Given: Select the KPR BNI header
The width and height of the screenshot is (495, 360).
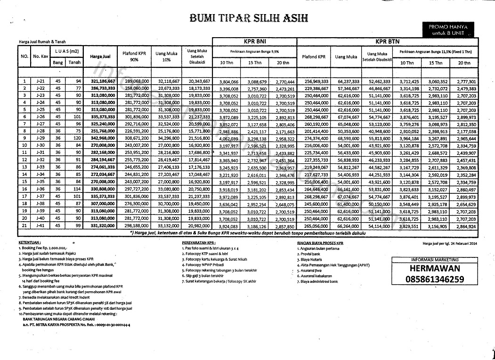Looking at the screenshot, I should pos(254,41).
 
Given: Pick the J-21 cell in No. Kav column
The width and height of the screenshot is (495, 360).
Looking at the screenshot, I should pos(40,81).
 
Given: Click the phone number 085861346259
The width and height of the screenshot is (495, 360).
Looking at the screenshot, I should pos(434,280).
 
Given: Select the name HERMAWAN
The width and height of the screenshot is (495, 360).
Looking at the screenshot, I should pos(434,269).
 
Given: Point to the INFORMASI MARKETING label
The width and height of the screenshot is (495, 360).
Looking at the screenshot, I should pos(434,259).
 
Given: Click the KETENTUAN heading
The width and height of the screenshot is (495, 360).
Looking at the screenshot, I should pos(29,242).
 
